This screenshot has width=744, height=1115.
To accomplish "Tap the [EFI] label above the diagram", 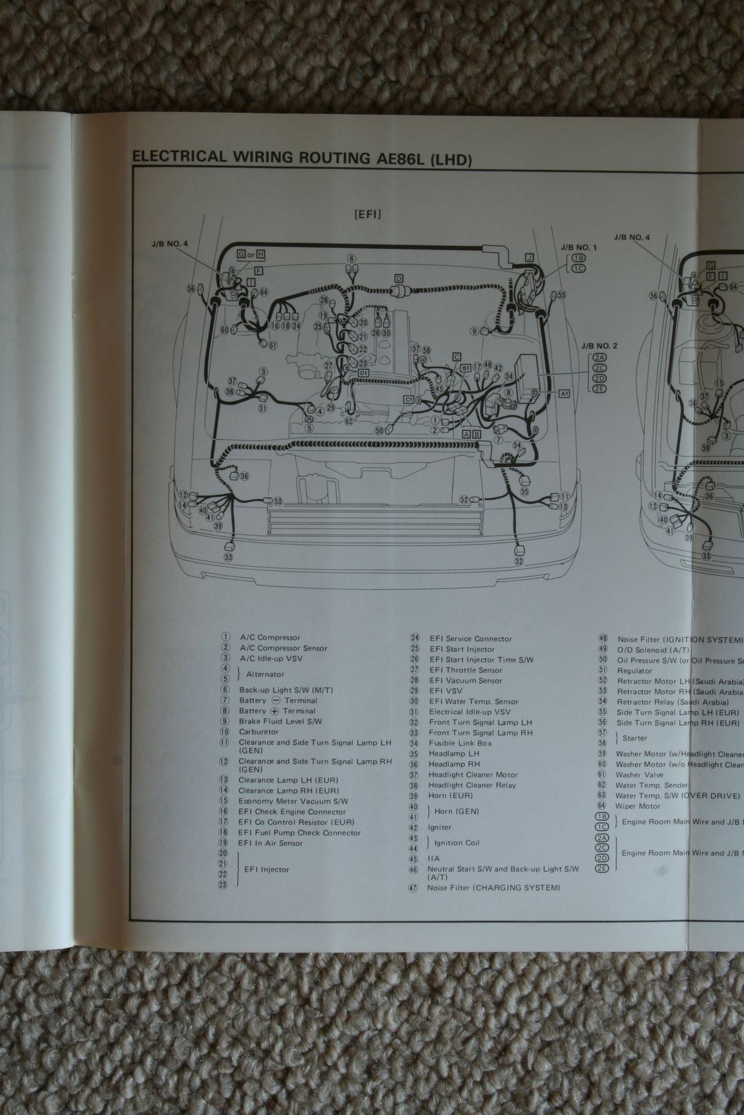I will [367, 214].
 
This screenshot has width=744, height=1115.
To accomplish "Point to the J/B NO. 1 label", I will [579, 247].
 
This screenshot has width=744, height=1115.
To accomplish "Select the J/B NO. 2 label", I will [599, 346].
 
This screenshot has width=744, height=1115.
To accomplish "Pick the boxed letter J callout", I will [529, 257].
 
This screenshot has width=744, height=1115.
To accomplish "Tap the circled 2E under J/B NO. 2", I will [601, 388].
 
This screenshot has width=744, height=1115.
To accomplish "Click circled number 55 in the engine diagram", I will [562, 295].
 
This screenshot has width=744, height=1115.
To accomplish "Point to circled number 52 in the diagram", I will [464, 499].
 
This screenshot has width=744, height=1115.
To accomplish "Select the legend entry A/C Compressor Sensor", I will [284, 648].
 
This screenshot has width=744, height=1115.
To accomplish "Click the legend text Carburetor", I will [258, 732].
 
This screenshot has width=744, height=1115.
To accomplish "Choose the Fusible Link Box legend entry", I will [460, 743].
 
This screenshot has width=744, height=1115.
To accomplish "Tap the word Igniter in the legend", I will [439, 827].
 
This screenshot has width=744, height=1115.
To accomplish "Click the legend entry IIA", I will [433, 859].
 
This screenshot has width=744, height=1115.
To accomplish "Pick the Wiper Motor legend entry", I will [638, 806].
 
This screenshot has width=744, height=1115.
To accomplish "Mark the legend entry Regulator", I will [634, 671].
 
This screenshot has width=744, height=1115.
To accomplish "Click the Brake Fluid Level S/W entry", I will [280, 721].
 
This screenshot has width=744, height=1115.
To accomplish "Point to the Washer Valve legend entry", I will [639, 775].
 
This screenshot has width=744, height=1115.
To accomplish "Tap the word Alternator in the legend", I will [265, 674].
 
